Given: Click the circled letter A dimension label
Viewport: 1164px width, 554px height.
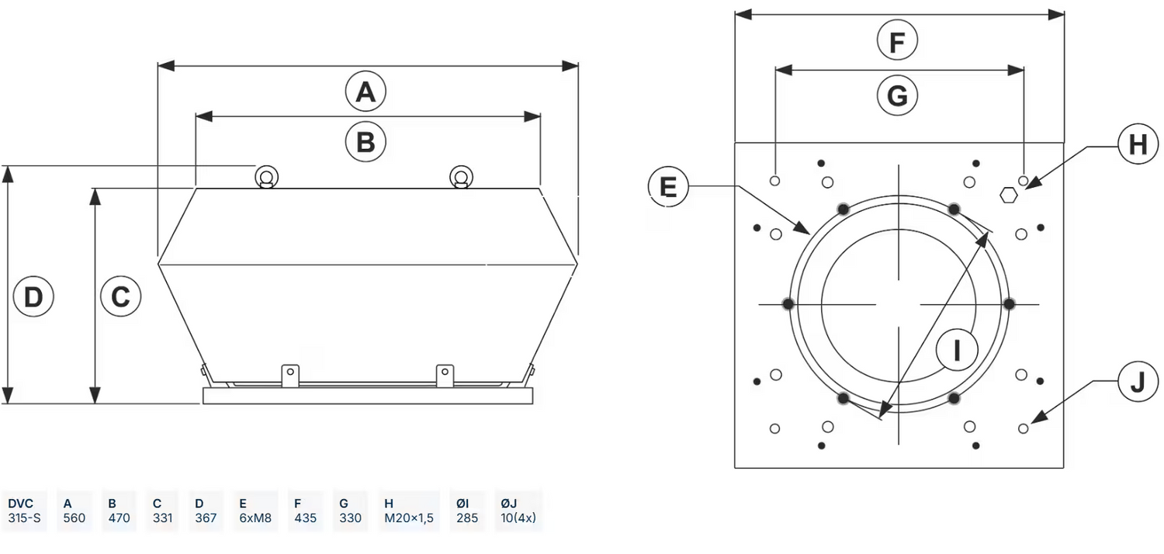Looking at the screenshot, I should coord(365,92).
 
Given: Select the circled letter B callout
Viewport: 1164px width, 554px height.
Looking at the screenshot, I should coord(365,142).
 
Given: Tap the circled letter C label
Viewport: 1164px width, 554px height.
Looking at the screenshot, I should coord(120,296).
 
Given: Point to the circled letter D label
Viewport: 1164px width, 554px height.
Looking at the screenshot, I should coord(33,296).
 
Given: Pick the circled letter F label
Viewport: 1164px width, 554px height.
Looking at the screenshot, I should coord(897,42).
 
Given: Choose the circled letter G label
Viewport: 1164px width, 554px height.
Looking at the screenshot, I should coord(897,95).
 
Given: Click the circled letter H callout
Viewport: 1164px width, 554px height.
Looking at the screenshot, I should coord(1137,144).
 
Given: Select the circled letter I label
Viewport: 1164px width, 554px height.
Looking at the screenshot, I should coord(956,351).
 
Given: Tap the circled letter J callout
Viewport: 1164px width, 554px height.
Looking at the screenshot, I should coord(1137,382).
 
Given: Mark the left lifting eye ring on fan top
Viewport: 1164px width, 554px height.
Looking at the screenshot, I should coord(266,177).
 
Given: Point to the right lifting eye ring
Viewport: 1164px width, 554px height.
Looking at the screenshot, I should coord(460,177).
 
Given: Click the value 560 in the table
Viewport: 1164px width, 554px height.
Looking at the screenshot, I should coord(75,518).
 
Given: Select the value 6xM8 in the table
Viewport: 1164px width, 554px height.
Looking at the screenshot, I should coord(255,518).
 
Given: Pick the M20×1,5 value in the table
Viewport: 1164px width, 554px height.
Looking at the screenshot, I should coord(409,518).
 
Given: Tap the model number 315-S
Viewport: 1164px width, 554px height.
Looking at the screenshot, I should coord(23,518).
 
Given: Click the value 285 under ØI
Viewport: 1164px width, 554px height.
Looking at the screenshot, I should coord(467,518).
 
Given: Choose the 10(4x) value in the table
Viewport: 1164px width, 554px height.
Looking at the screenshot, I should coord(518,518).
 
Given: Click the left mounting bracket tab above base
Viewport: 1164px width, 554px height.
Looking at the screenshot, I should coord(290,373).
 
